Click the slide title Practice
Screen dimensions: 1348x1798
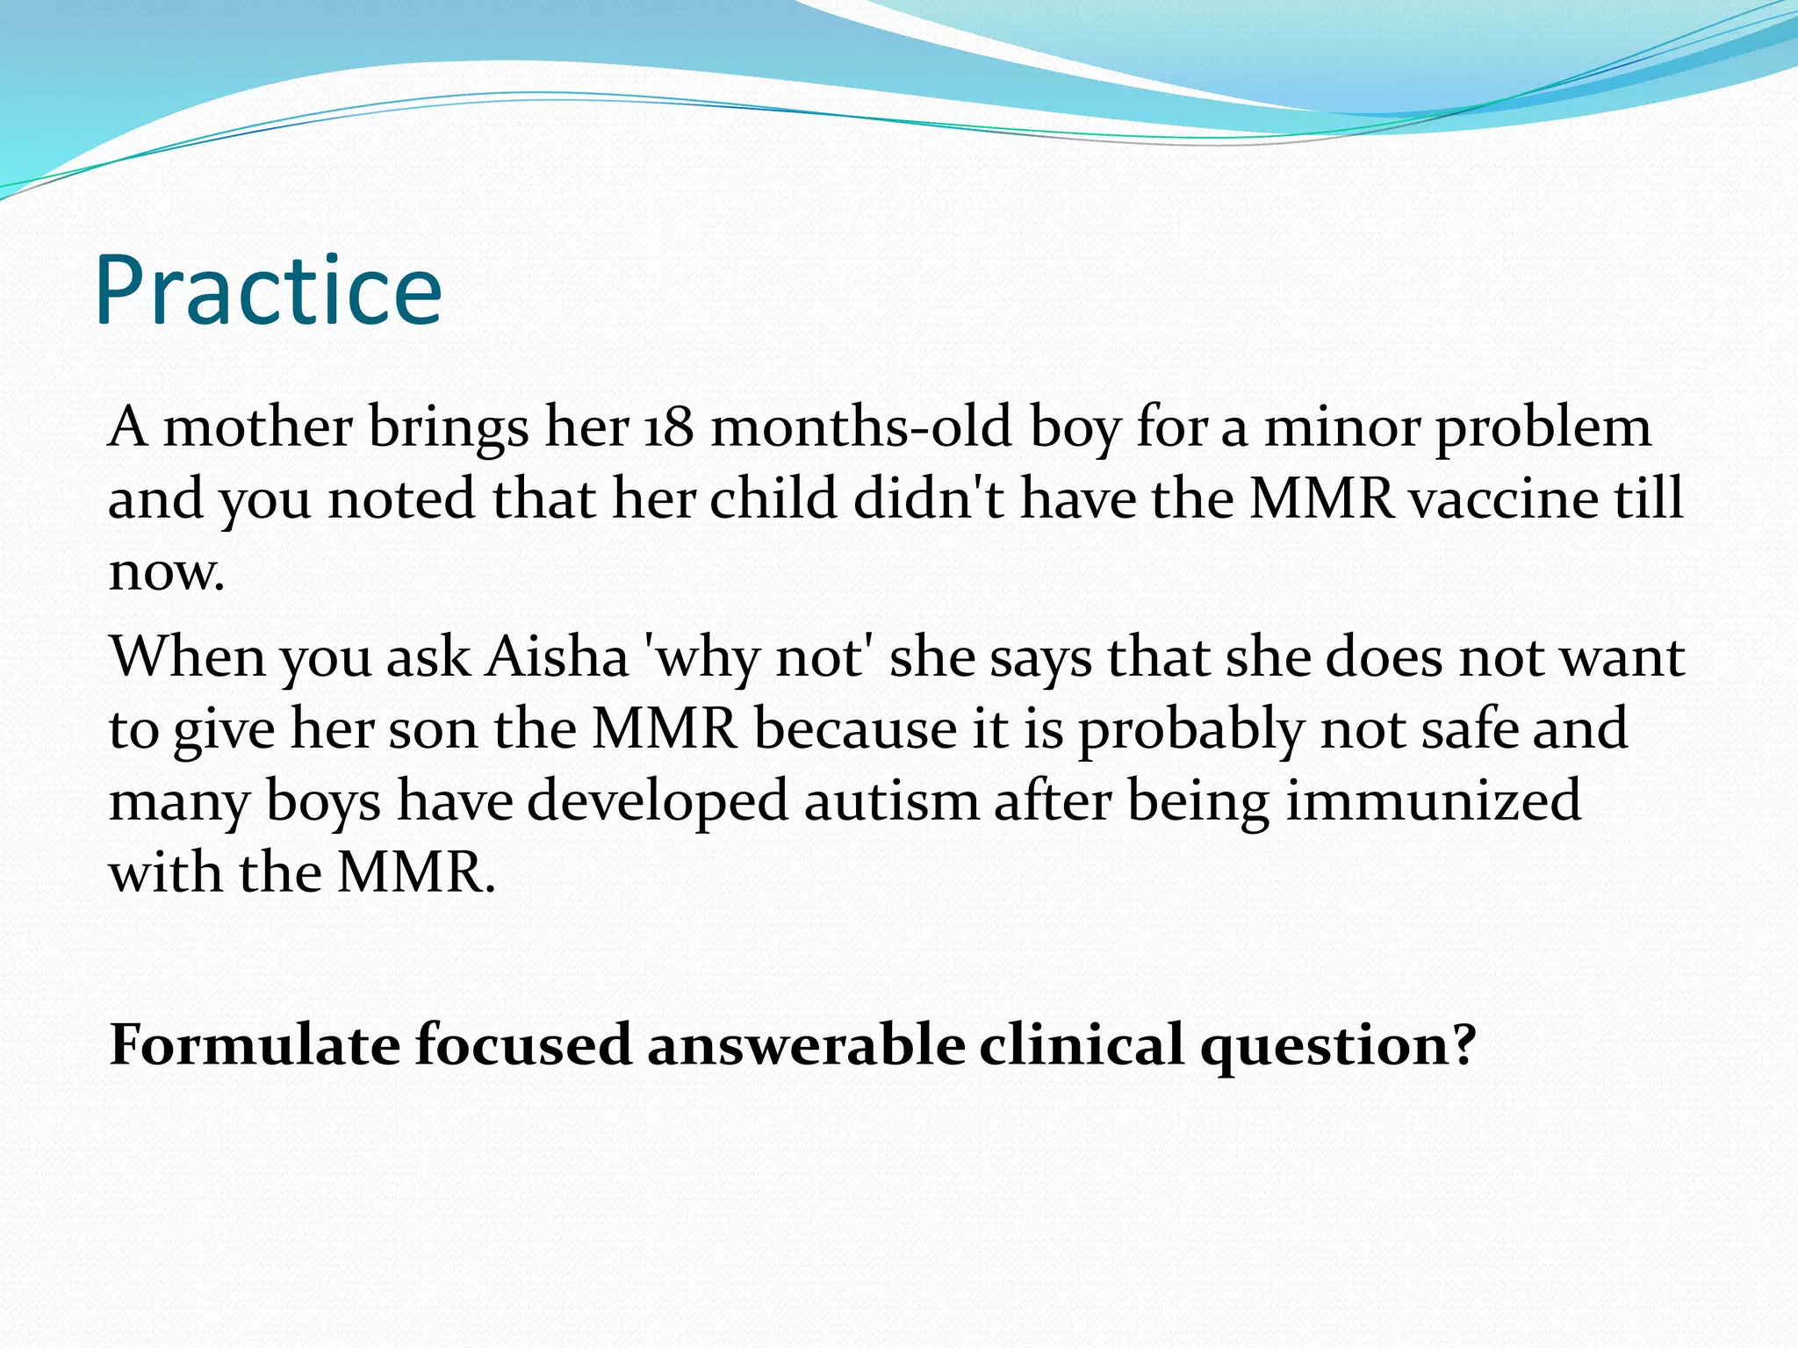coord(268,291)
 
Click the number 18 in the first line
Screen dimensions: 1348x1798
coord(669,427)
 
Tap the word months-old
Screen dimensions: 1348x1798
coord(860,427)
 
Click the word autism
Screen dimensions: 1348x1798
coord(890,800)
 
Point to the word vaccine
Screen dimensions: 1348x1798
coord(1504,498)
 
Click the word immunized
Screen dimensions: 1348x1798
coord(1433,800)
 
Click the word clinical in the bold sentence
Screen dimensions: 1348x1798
coord(1082,1044)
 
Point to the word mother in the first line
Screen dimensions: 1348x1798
coord(258,427)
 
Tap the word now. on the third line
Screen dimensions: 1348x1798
coord(167,572)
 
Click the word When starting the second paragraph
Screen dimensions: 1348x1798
coord(187,656)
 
